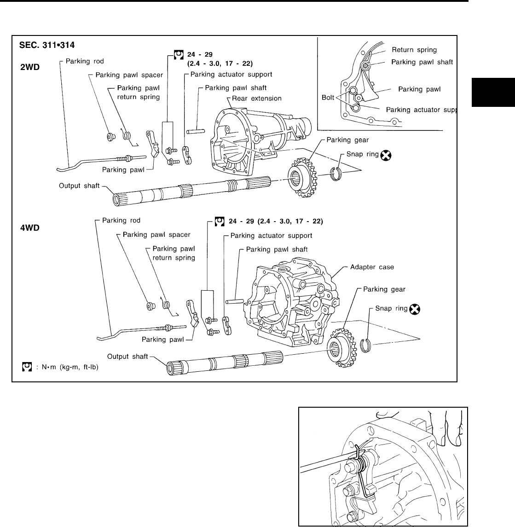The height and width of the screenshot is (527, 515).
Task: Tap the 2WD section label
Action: coord(30,67)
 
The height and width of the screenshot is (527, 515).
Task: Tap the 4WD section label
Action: coord(30,228)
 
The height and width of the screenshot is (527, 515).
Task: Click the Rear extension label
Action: coord(257,98)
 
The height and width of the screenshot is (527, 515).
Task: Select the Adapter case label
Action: coord(372,267)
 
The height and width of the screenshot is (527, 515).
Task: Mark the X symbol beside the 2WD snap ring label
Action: coord(386,156)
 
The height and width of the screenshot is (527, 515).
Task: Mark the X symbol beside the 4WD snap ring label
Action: coord(415,309)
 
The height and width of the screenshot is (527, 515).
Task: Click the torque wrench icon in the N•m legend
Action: coord(27,367)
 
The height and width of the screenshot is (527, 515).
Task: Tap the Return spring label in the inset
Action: coord(414,49)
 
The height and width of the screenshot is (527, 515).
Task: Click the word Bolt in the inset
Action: coord(327,98)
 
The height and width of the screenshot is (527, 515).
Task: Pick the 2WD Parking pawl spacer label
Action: coord(129,75)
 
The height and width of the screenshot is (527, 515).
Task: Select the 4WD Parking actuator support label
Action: coord(271,235)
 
